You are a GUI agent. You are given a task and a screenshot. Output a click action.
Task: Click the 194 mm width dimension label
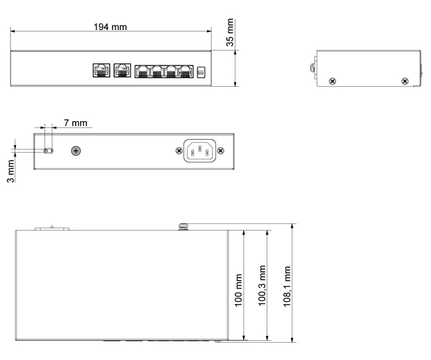(110, 27)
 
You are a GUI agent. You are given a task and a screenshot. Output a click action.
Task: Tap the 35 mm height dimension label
(230, 33)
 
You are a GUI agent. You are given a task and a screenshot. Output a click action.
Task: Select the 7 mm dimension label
(76, 123)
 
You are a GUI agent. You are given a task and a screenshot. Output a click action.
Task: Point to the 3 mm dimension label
(10, 171)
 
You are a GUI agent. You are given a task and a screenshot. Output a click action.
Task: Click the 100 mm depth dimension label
(238, 290)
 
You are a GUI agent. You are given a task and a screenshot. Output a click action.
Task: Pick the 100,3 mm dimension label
(262, 286)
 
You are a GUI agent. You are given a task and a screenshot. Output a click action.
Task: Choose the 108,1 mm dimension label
(287, 286)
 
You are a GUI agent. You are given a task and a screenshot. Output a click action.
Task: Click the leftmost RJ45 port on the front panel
(102, 70)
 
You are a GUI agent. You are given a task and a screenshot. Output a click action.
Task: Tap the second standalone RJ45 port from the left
(123, 70)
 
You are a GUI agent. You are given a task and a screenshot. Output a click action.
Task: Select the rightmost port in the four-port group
(186, 72)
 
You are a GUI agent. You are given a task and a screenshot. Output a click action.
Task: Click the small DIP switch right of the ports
(201, 72)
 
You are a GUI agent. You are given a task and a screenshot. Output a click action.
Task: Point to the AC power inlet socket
(200, 151)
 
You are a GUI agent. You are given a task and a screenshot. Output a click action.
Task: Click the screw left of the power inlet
(179, 151)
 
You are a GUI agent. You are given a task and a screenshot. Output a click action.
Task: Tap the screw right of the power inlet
(220, 151)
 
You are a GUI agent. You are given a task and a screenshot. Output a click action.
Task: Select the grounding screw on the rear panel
(76, 151)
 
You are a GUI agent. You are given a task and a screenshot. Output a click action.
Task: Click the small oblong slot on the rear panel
(49, 151)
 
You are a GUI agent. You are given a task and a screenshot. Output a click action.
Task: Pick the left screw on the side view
(332, 81)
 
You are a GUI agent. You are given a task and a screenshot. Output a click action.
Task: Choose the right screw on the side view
(405, 81)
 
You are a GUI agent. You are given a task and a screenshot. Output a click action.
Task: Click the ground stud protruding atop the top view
(183, 226)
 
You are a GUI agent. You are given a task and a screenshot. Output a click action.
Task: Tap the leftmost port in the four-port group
(142, 72)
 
